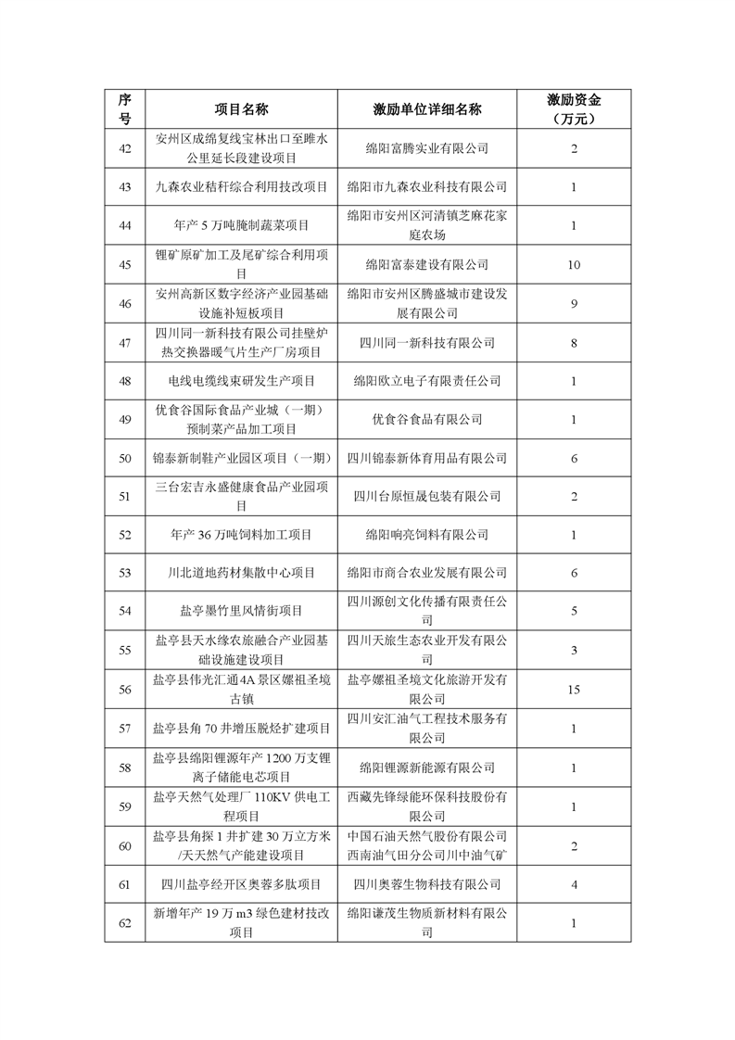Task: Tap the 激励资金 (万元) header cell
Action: (573, 108)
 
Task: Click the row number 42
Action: (126, 148)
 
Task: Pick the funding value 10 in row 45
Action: (574, 265)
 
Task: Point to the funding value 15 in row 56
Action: (574, 690)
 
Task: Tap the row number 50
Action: (126, 458)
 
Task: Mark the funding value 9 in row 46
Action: (574, 303)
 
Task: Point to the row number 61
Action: (126, 885)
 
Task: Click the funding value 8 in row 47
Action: (574, 342)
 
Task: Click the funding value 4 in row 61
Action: (574, 885)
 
